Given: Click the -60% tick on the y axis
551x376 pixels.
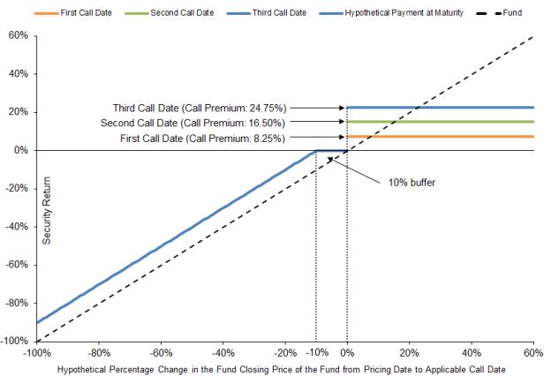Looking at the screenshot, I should [17, 265].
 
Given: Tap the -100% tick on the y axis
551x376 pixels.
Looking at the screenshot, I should [15, 341].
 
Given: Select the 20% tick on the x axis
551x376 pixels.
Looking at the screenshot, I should [409, 352].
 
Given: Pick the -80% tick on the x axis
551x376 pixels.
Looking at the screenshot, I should [98, 352].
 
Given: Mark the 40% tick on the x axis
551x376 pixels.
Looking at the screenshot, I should [472, 352].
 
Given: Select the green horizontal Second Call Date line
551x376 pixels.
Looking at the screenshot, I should [442, 122].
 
